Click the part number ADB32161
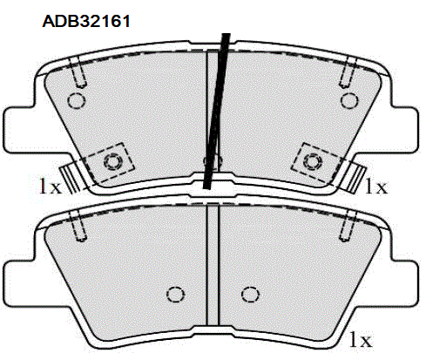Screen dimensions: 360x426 [x=86, y=20]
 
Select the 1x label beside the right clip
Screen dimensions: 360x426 [x=375, y=186]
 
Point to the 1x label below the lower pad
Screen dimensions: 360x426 [x=362, y=336]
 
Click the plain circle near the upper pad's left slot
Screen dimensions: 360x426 [x=76, y=100]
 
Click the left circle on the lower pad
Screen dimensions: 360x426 [x=174, y=294]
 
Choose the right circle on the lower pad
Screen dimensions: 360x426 [x=250, y=294]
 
